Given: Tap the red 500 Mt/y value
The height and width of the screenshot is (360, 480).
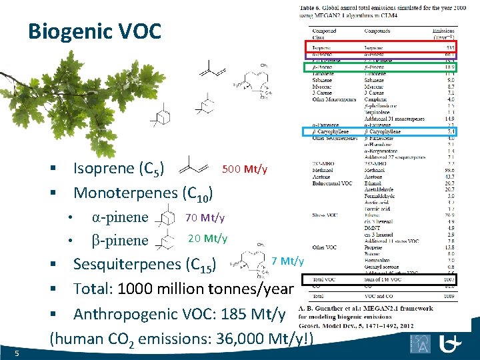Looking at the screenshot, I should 244,169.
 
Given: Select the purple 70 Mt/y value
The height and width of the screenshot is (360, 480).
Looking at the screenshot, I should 205,217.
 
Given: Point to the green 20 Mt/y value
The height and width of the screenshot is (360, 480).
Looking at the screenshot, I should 207,238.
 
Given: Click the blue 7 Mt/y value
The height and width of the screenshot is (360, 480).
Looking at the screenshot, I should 288,261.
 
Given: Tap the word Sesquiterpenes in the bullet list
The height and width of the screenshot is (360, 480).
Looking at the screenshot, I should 127,264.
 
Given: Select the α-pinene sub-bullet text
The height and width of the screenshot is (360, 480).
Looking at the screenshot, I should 119,217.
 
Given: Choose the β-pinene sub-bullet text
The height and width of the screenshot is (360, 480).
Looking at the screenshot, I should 119,240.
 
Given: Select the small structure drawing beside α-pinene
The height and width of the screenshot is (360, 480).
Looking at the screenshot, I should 163,218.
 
